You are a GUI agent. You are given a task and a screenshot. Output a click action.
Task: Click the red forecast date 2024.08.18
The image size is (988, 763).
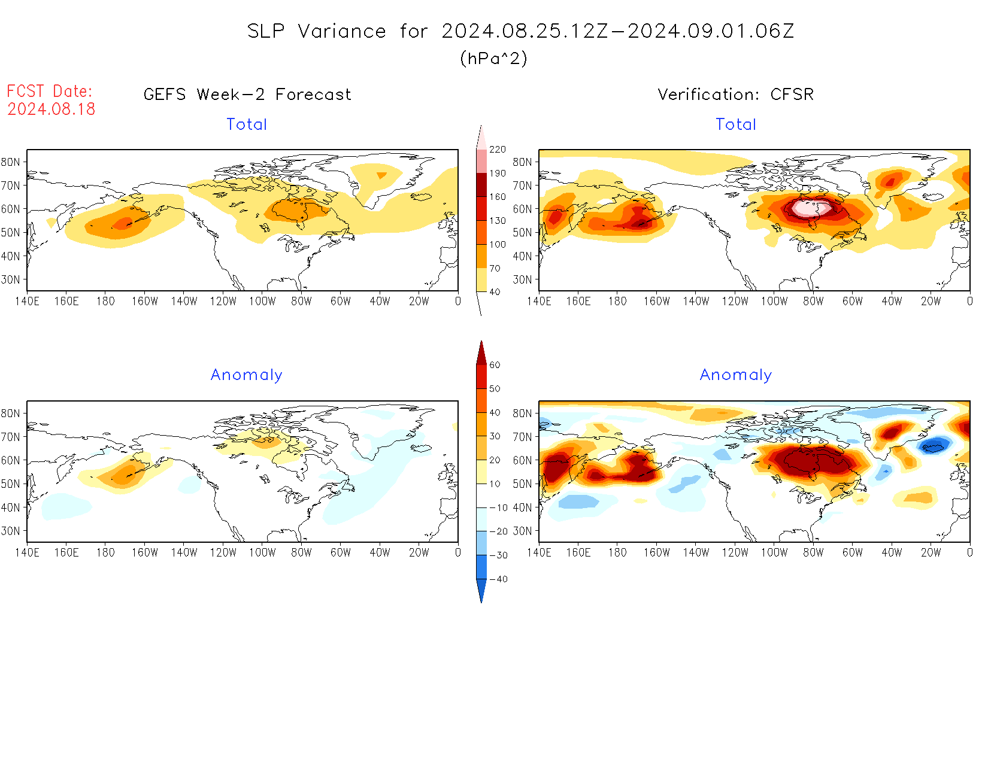51,109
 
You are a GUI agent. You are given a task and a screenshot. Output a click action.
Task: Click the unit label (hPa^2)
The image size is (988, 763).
493,58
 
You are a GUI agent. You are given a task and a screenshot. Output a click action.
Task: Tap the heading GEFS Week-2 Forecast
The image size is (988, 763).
247,95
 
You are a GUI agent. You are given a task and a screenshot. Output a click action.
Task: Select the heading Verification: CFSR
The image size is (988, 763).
735,95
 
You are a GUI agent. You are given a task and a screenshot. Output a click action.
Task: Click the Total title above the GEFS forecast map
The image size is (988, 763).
247,124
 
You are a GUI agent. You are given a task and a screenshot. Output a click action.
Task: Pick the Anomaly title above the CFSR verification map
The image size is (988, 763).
735,375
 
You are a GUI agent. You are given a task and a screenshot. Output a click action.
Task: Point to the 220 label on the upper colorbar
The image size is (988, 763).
497,150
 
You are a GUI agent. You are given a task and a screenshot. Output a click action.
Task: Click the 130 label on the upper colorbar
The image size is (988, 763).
497,221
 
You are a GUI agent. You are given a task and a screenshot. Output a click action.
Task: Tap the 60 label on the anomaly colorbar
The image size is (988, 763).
495,365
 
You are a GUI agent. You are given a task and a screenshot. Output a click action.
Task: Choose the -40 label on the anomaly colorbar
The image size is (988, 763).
498,579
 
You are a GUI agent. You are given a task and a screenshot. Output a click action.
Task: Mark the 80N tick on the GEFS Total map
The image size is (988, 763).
11,162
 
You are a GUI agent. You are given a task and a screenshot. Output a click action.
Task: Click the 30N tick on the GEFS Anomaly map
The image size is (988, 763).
11,531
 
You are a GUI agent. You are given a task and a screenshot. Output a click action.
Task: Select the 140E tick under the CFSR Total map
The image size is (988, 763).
539,302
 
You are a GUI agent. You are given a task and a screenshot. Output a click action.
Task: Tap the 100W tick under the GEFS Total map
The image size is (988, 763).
262,302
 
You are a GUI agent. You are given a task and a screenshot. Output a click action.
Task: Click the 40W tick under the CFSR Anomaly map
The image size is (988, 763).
892,553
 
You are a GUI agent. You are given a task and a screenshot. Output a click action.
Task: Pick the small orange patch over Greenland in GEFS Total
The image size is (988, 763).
381,175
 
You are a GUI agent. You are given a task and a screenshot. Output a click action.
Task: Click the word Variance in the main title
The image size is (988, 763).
342,31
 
